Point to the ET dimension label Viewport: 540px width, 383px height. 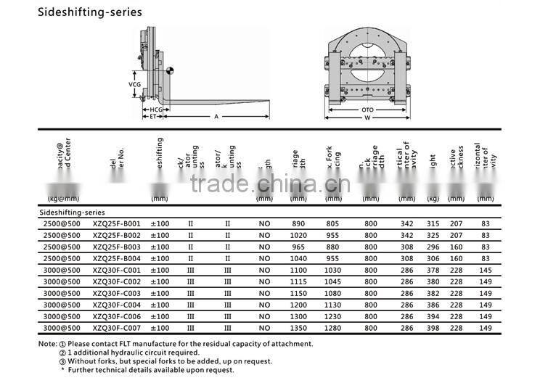pyautogui.click(x=153, y=116)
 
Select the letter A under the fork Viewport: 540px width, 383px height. pyautogui.click(x=216, y=116)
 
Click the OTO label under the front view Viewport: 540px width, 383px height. pyautogui.click(x=368, y=110)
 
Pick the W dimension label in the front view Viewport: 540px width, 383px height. pyautogui.click(x=368, y=118)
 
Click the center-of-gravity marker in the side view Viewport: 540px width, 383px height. pyautogui.click(x=169, y=70)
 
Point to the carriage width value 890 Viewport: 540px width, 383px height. pyautogui.click(x=298, y=224)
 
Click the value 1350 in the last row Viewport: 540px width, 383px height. pyautogui.click(x=298, y=329)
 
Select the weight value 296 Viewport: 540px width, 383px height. pyautogui.click(x=433, y=247)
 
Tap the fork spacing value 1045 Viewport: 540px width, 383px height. pyautogui.click(x=333, y=282)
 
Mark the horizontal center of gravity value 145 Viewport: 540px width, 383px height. pyautogui.click(x=484, y=271)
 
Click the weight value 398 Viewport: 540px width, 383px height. pyautogui.click(x=433, y=329)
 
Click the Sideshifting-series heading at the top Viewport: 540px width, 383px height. pyautogui.click(x=80, y=12)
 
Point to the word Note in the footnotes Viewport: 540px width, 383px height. pyautogui.click(x=46, y=344)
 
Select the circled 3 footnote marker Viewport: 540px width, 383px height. pyautogui.click(x=62, y=361)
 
